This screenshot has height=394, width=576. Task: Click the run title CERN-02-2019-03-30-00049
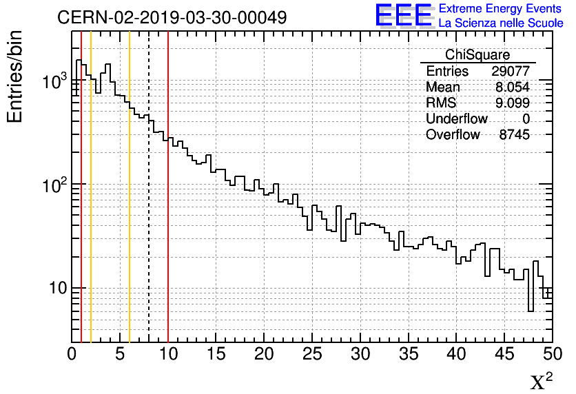coord(172,17)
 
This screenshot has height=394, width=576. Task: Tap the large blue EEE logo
coord(403,15)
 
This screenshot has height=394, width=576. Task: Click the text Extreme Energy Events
coord(500,9)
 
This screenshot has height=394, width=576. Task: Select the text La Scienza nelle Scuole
coord(501,23)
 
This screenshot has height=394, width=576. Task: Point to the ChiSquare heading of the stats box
coord(477,55)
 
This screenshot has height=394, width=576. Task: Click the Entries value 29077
coord(511,72)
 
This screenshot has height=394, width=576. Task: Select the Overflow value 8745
coord(514,135)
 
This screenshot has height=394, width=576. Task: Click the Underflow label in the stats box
coord(456,119)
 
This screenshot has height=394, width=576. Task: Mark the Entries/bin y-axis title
coord(16,76)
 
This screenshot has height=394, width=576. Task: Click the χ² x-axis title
coord(541,381)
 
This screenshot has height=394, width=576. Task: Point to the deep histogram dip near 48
coord(531,303)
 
